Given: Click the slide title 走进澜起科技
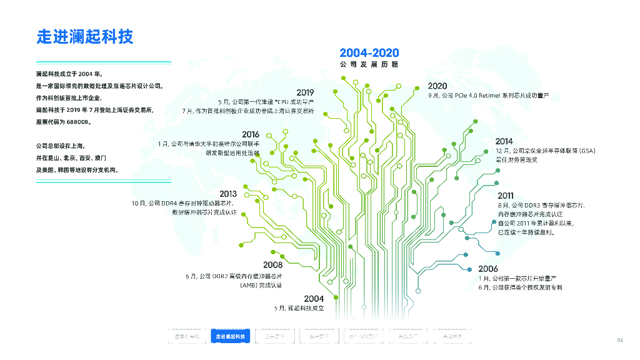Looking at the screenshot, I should pos(85,36).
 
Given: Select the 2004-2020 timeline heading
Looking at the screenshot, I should pos(369,53).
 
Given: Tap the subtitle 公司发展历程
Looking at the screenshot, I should pos(369,64).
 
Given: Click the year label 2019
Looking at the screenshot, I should pos(305,92).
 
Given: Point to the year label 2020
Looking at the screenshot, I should pos(437,86).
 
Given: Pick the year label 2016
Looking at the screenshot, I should pos(251,134).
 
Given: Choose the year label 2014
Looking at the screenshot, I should pos(504,142).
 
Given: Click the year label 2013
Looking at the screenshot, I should pos(228,194).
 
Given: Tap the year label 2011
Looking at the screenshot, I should pos(506,196).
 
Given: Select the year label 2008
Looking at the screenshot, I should pos(273,265).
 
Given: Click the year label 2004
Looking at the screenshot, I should pos(314,299).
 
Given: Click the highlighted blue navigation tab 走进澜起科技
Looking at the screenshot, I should pos(230,337).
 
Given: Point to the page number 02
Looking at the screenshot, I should pos(620,340).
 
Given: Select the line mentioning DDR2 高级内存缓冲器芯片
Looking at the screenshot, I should pos(234,276).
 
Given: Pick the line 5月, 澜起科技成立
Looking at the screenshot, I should pos(299,309).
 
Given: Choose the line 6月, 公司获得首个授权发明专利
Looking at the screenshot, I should pos(520,287).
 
